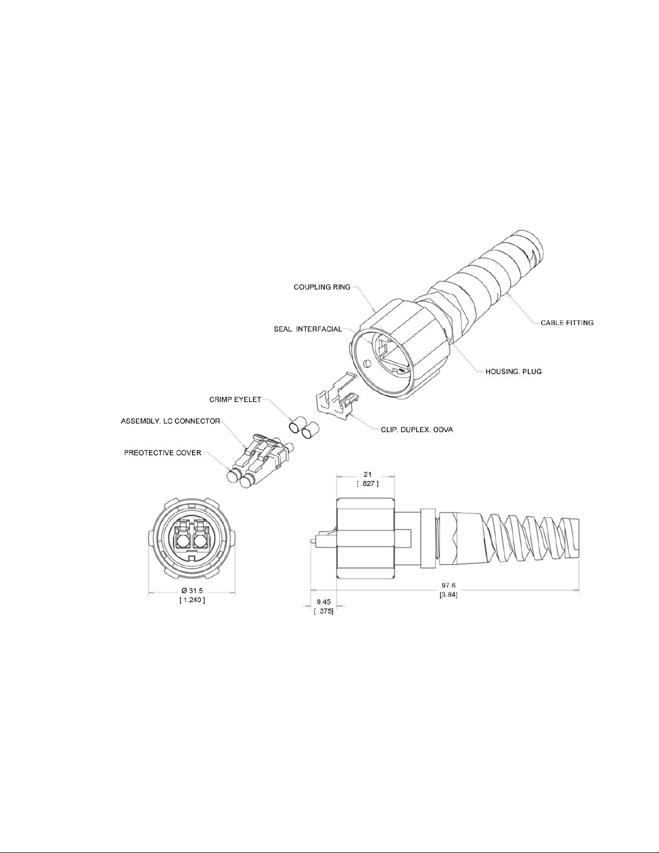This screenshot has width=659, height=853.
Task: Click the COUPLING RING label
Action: [x=322, y=287]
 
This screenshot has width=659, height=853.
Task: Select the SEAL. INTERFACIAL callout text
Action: [x=308, y=329]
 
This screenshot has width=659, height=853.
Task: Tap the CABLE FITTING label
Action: [x=567, y=323]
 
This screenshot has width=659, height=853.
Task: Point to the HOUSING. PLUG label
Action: [x=513, y=371]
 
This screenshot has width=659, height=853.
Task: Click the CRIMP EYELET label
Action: [x=236, y=400]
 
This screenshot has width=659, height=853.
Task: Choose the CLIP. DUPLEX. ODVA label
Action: [x=417, y=429]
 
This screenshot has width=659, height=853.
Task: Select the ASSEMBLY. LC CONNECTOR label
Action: [x=171, y=421]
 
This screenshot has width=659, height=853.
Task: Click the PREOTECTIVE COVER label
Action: [x=163, y=453]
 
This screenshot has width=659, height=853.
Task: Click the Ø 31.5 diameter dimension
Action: [x=192, y=591]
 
